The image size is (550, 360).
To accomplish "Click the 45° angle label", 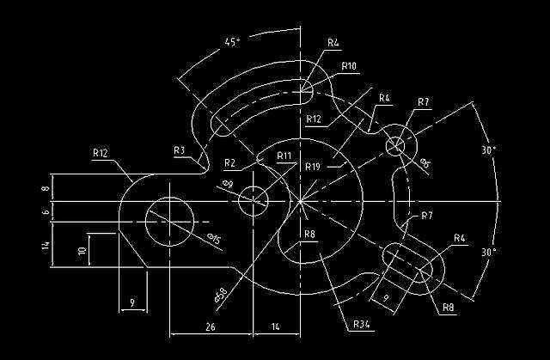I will point(232,41).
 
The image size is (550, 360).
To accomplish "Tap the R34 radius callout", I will point(362,324).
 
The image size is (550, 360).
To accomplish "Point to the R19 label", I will point(312,166).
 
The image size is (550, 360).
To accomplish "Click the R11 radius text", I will point(284,156).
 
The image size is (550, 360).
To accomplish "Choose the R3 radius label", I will point(179,149).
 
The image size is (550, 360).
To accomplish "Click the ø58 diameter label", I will point(221,295).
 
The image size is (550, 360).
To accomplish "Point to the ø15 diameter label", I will point(211,241).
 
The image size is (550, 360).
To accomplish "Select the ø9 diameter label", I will point(228,184).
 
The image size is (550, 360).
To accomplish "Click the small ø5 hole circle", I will point(395,145).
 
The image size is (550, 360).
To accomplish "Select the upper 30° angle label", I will point(490,149).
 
